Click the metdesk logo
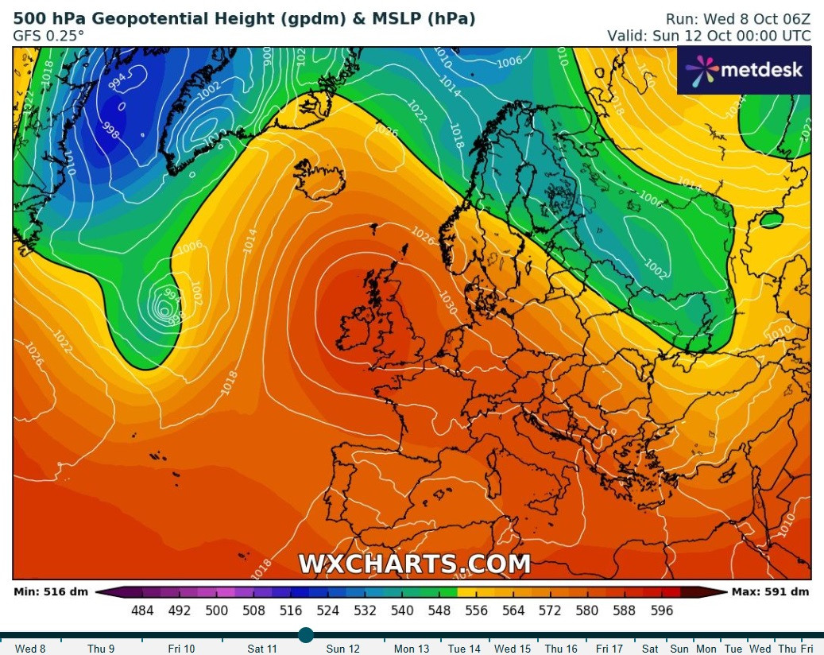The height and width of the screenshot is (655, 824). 744,70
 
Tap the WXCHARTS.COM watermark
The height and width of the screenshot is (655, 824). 414,564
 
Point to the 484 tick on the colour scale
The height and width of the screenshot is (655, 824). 142,610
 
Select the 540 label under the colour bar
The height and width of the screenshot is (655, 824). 402,610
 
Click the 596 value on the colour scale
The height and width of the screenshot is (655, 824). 662,610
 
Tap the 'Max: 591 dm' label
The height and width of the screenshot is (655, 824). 770,591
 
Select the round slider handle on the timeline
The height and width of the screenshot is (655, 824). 306,634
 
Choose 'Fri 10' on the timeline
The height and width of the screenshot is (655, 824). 181,649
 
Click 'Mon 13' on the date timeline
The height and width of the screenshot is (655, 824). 412,649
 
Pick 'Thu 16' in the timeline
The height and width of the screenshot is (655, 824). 561,649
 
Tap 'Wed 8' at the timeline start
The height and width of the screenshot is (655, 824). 30,649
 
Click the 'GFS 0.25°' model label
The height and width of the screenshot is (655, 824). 48,36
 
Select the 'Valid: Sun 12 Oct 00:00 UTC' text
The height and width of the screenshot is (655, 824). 710,36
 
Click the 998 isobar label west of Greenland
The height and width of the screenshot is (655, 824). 110,130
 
